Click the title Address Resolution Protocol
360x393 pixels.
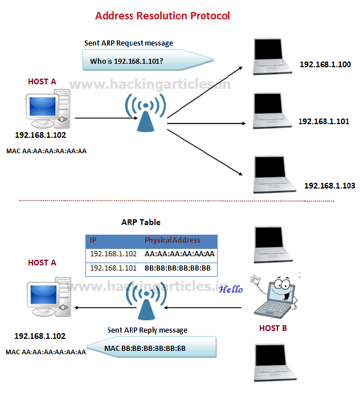162,15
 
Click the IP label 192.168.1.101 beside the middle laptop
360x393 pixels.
324,121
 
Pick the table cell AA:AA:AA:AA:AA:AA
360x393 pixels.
179,254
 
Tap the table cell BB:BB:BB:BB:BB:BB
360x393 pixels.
178,268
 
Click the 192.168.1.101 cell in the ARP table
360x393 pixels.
113,268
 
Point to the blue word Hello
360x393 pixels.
231,289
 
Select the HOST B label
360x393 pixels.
273,328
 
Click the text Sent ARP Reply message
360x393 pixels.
148,330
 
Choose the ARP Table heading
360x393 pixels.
141,222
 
